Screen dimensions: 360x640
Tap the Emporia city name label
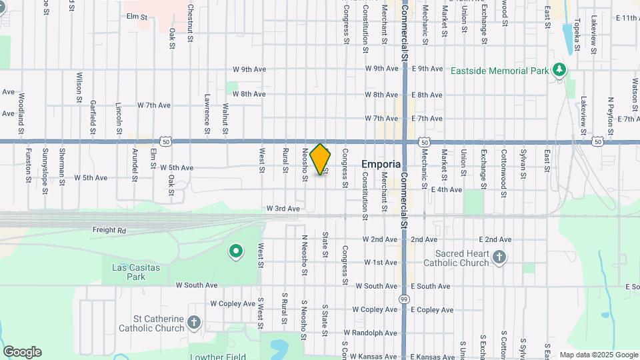(x=381, y=164)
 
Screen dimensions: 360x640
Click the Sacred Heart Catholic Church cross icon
(x=500, y=257)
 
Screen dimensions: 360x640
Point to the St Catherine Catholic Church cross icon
(x=194, y=323)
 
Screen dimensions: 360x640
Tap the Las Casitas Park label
(x=127, y=272)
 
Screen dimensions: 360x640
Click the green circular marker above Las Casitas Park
(x=235, y=251)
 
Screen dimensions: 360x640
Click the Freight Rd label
(x=109, y=231)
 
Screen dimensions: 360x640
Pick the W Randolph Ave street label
(x=370, y=333)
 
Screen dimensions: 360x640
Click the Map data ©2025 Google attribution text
(x=598, y=355)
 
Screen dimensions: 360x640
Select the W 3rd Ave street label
(x=283, y=209)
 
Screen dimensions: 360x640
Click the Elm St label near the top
(x=136, y=16)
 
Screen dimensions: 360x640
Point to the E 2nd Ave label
(x=495, y=239)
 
